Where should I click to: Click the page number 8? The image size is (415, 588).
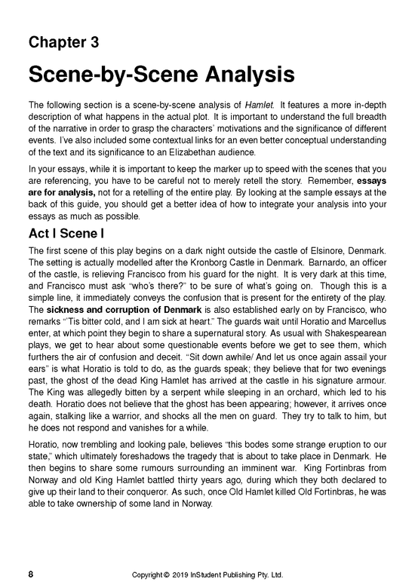[30, 574]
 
